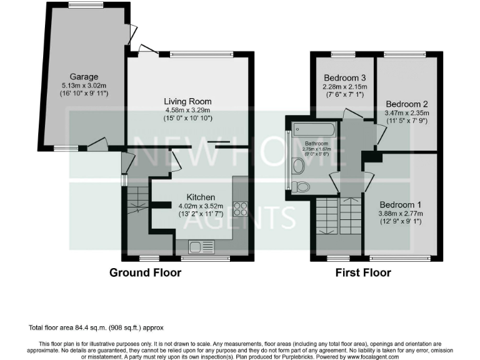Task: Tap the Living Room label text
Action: pyautogui.click(x=187, y=101)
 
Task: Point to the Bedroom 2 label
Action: pyautogui.click(x=406, y=104)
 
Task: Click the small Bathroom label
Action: pyautogui.click(x=316, y=143)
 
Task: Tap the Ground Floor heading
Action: pyautogui.click(x=145, y=272)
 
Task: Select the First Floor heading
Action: pyautogui.click(x=363, y=272)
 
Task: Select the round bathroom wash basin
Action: pyautogui.click(x=298, y=166)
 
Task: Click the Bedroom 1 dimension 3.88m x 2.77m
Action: pyautogui.click(x=401, y=214)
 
